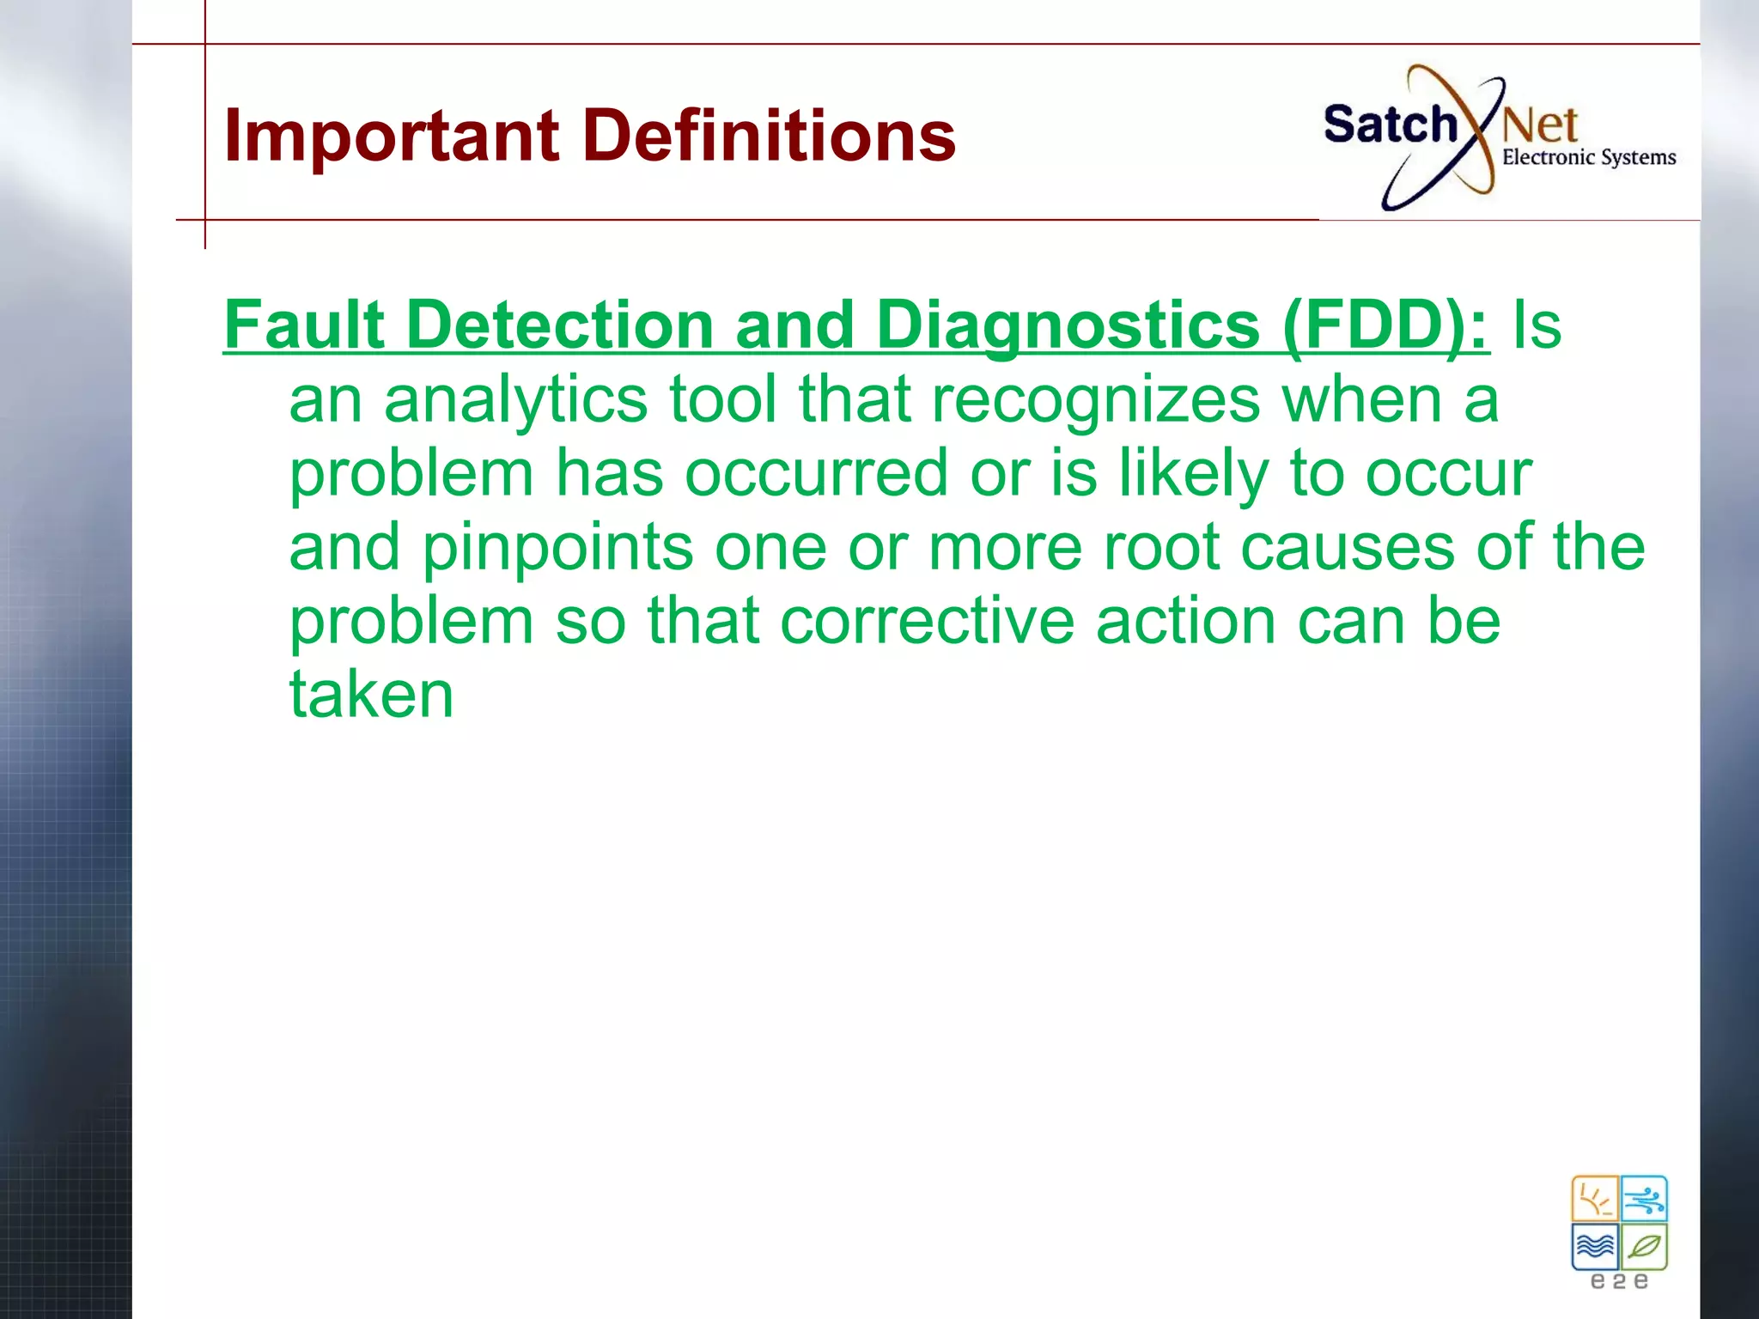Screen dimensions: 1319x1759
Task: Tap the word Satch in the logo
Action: [1389, 125]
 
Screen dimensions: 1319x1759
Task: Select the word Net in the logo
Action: [1540, 127]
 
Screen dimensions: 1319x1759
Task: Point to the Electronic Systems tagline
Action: [1588, 158]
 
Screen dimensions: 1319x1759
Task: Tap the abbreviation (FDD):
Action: [1385, 326]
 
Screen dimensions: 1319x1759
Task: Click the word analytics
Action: [515, 400]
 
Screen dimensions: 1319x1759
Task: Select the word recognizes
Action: [1095, 400]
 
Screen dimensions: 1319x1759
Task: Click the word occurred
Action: [816, 473]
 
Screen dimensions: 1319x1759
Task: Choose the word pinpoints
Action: [557, 548]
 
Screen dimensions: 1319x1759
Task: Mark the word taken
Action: [371, 694]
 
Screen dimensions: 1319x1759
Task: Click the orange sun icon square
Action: [1594, 1199]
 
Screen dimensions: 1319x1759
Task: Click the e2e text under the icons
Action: [1619, 1282]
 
